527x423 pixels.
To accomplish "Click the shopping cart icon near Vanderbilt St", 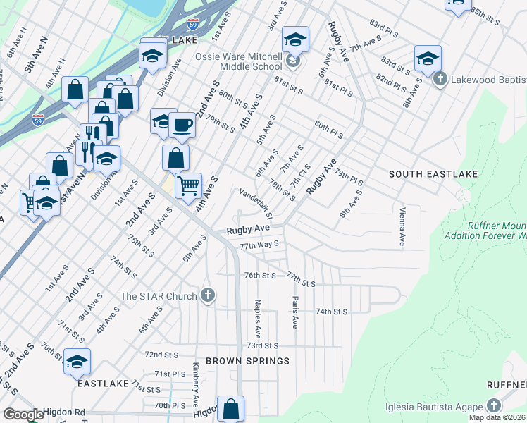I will coord(188,185).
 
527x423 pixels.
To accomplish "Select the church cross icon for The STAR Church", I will coord(207,295).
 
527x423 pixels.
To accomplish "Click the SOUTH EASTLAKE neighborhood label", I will coord(434,173).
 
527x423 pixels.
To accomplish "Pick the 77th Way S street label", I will coord(259,245).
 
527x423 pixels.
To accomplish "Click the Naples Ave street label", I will coord(258,317).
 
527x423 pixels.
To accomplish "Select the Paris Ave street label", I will coord(295,311).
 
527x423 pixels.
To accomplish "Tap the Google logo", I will coord(23,415).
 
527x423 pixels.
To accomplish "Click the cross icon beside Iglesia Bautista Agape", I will coord(494,406).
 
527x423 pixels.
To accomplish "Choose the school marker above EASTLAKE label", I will coord(77,362).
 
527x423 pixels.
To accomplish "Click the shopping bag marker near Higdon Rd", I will coord(231,408).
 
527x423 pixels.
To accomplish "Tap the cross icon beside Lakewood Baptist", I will coord(440,78).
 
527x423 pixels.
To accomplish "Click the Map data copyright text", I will coord(497,417).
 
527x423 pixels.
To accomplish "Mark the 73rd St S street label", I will coord(262,346).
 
